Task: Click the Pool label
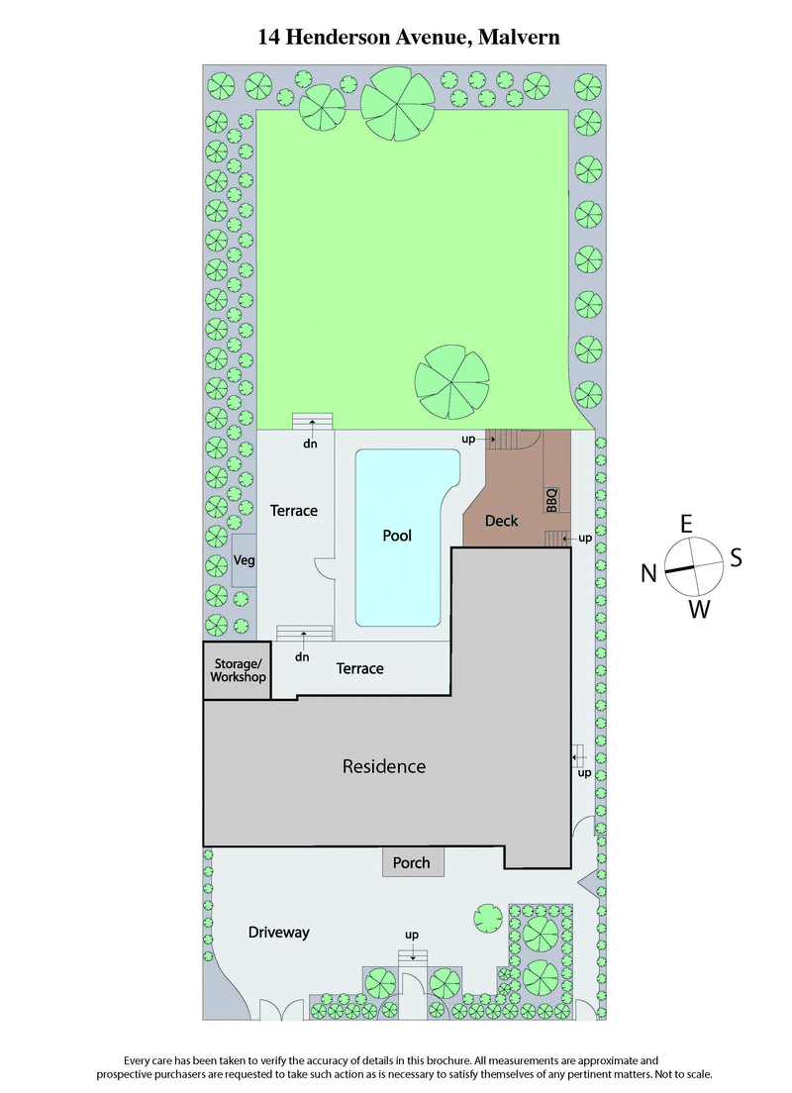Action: point(397,536)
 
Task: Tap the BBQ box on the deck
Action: point(552,499)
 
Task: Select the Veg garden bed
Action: point(244,560)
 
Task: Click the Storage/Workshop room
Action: point(238,670)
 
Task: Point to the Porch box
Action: point(412,862)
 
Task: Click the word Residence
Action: point(384,766)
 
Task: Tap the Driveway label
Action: point(279,932)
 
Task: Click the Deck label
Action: point(501,521)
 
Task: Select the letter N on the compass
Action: point(649,573)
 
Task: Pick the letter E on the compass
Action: point(684,523)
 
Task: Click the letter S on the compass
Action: point(736,558)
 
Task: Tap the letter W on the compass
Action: point(699,609)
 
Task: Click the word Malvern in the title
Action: point(520,38)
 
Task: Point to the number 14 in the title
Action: point(269,38)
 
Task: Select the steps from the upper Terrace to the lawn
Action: point(312,422)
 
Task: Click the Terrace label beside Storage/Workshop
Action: point(359,668)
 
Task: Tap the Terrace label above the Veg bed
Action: point(294,511)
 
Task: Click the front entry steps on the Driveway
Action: point(413,955)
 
